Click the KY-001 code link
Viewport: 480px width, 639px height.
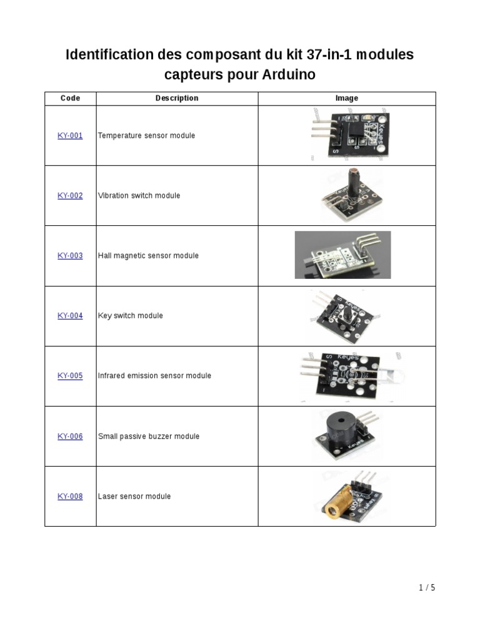coord(70,135)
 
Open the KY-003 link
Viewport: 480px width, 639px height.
coord(70,255)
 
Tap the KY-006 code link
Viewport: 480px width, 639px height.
coord(70,436)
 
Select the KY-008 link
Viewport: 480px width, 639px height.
coord(70,496)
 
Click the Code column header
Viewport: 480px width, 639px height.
coord(70,98)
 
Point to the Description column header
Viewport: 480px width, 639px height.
coord(177,98)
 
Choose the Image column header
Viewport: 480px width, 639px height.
coord(346,98)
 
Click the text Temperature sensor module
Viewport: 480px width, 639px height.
coord(146,135)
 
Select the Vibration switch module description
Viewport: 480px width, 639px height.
coord(139,195)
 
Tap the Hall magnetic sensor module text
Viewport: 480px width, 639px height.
coord(148,255)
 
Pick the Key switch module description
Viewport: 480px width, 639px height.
coord(130,316)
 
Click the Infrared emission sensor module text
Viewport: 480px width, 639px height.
coord(154,376)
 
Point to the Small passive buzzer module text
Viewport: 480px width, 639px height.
coord(149,436)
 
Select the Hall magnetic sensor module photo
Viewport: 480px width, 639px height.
coord(342,255)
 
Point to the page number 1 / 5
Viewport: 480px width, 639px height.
coord(427,587)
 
